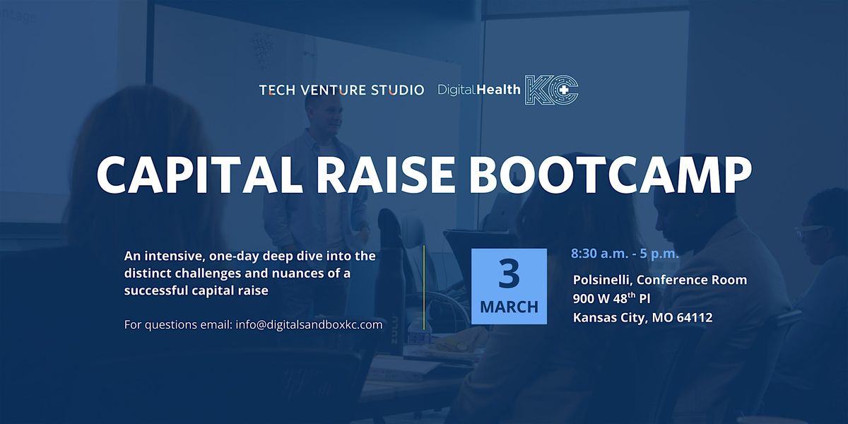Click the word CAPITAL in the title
(x=200, y=175)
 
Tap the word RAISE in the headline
(x=385, y=175)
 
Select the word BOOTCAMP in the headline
(x=611, y=175)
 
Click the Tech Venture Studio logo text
(x=342, y=90)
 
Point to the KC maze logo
(x=551, y=90)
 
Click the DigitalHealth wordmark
(x=479, y=90)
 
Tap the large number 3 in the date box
(x=509, y=274)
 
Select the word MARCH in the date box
(x=510, y=307)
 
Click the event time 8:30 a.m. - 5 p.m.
(x=625, y=254)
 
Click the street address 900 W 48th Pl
(x=611, y=298)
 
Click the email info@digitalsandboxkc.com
(x=309, y=325)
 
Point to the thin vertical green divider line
(x=424, y=288)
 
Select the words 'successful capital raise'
(x=196, y=290)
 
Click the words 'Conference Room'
(x=692, y=280)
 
